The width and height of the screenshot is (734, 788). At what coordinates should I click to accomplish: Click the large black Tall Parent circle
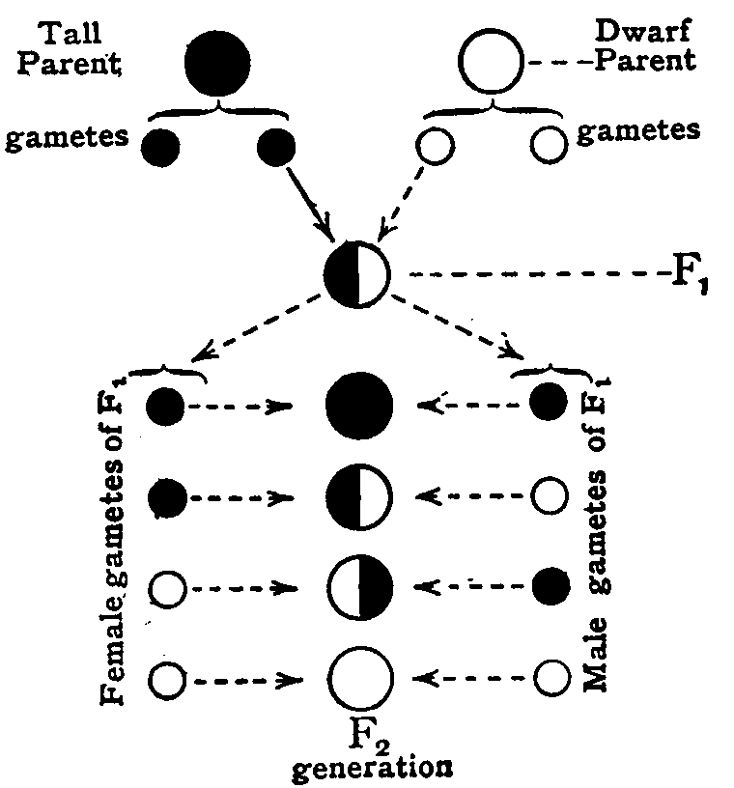click(219, 61)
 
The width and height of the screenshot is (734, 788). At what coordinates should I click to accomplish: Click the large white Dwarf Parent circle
click(492, 61)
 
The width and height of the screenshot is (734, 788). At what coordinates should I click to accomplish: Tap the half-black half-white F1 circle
click(357, 273)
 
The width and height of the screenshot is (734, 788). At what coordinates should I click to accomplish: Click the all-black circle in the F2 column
click(359, 406)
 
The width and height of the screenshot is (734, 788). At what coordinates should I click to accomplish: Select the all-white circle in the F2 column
click(359, 680)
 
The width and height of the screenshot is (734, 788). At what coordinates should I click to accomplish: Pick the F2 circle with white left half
click(359, 589)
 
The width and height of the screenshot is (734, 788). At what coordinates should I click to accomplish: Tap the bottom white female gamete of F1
click(166, 680)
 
